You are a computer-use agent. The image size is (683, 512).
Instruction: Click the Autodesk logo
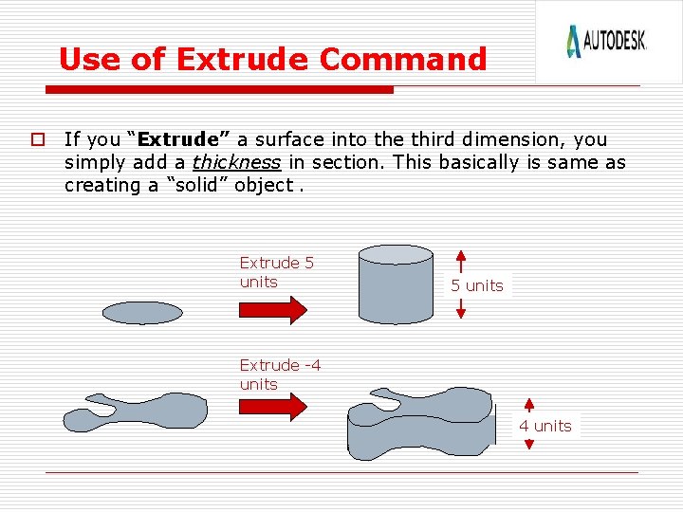coord(606,41)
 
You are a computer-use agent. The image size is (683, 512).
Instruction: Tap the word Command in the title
coord(403,60)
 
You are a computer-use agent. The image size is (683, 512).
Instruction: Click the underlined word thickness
coord(236,162)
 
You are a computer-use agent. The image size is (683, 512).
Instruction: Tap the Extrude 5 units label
coord(276,272)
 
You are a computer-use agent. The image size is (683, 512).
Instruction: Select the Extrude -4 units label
coord(280,375)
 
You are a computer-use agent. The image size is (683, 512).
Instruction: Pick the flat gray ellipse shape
coord(142,312)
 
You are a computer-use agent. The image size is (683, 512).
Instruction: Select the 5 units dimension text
coord(477,285)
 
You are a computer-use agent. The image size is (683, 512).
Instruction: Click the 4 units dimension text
coord(545,426)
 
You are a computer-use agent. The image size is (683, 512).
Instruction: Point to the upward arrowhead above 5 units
coord(460,255)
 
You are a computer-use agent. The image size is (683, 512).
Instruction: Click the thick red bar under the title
coord(219,90)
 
